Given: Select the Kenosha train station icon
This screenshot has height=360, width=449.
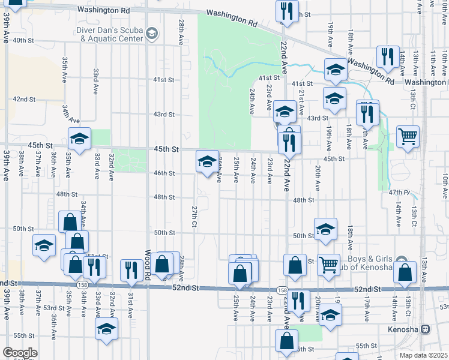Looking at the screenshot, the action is [x=426, y=329].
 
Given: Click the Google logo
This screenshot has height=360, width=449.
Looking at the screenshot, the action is [x=20, y=353].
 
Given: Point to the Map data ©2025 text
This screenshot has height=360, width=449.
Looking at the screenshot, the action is [x=423, y=355].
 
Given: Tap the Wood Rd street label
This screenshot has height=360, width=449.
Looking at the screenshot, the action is [x=146, y=265].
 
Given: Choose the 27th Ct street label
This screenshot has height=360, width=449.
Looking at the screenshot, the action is [x=194, y=216].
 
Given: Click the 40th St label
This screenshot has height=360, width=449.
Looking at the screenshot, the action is [x=23, y=40].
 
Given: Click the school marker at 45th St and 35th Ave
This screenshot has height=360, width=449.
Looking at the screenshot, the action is [x=79, y=140].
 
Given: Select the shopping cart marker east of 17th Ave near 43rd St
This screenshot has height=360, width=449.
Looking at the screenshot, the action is [x=408, y=136].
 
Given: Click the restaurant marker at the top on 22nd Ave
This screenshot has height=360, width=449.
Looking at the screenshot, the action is [x=288, y=11].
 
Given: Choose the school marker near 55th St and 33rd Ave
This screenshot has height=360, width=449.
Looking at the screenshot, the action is [x=106, y=329].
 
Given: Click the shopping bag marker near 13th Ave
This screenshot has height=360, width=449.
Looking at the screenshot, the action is [x=405, y=272].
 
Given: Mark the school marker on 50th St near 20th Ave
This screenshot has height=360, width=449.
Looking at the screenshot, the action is [x=325, y=229].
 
